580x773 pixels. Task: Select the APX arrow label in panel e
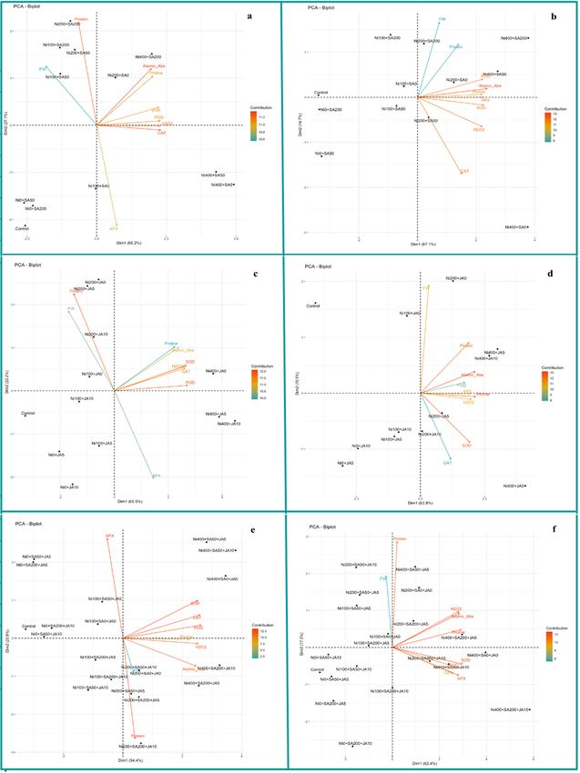click(109, 537)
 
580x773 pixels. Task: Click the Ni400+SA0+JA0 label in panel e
click(223, 578)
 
